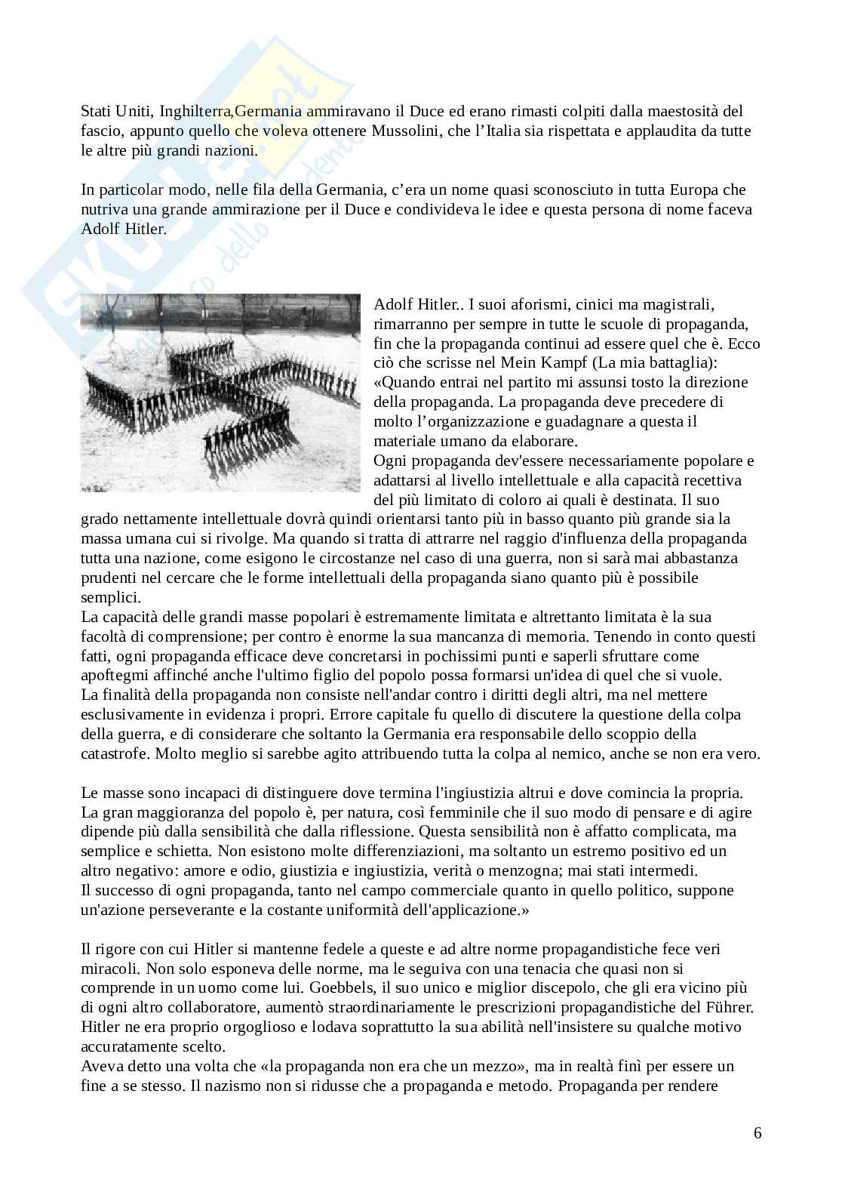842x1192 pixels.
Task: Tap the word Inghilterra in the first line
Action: [x=195, y=112]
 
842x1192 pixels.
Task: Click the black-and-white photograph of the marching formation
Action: [x=220, y=393]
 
